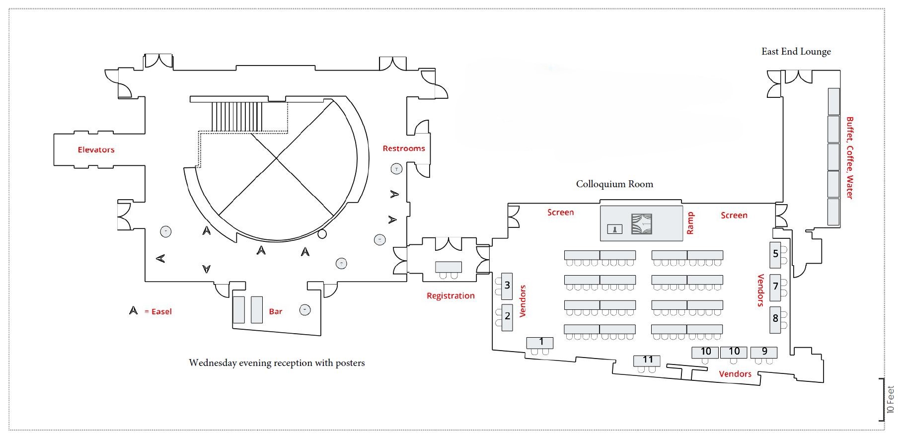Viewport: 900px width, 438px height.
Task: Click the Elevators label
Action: coord(96,149)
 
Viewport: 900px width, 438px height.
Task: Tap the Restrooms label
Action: coord(403,148)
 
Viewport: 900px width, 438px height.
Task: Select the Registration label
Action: coord(450,296)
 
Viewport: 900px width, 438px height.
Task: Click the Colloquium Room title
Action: coord(614,184)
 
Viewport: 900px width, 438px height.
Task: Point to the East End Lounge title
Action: coord(796,52)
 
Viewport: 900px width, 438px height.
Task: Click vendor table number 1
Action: coord(540,342)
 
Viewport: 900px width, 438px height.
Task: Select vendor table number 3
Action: coord(507,286)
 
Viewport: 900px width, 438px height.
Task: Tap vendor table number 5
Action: coord(775,254)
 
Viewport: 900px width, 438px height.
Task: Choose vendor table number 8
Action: coord(775,318)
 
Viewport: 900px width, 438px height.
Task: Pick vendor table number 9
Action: coord(764,352)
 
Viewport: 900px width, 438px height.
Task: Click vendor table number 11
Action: coord(647,360)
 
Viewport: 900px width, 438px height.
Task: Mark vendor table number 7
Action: coord(775,287)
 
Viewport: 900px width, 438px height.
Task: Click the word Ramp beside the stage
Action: coord(690,223)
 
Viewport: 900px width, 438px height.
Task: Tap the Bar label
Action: coord(275,312)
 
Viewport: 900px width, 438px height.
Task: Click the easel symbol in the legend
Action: coord(133,311)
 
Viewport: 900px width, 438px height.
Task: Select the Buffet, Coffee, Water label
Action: coord(849,158)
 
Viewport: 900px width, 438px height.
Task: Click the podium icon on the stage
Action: coord(615,229)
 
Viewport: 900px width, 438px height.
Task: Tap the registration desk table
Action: coord(449,267)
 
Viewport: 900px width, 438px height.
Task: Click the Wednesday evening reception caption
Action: coord(277,363)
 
